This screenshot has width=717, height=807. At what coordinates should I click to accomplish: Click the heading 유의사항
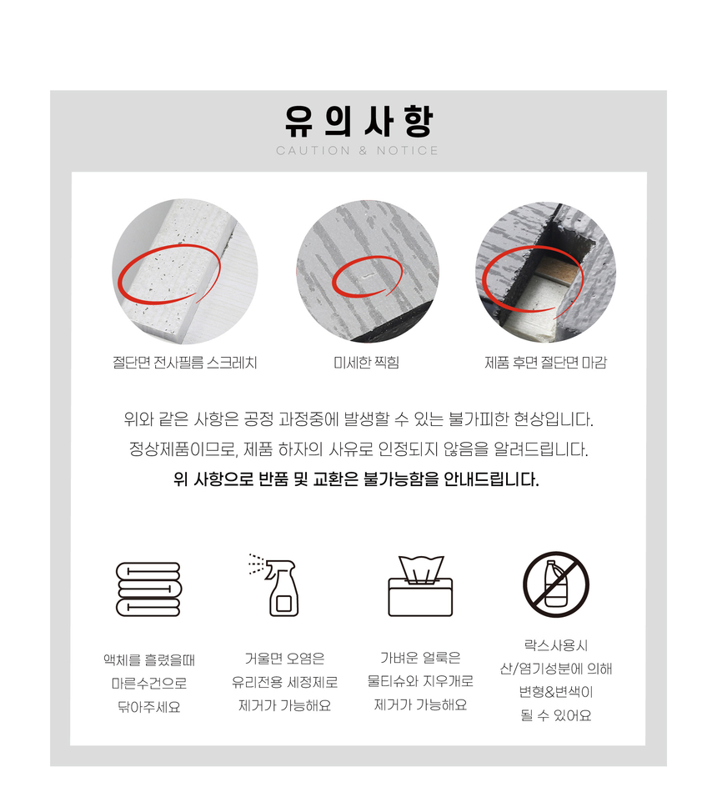(x=358, y=121)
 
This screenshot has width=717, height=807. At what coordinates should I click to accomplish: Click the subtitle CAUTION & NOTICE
(x=357, y=151)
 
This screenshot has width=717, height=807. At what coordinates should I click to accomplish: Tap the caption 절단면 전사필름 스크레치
(x=185, y=363)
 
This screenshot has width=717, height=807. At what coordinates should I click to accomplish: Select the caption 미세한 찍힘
(x=367, y=363)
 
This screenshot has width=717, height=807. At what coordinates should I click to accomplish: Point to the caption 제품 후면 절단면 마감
(x=545, y=363)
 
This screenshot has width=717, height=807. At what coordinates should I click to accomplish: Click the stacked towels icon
(x=148, y=589)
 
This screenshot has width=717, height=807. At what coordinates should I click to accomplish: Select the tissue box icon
(x=420, y=586)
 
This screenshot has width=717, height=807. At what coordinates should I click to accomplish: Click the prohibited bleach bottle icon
(x=556, y=584)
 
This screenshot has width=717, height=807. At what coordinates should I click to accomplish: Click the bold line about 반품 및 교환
(x=356, y=479)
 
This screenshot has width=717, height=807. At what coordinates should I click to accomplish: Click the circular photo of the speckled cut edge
(x=185, y=271)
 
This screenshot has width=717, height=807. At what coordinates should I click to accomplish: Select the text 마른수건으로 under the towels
(x=149, y=684)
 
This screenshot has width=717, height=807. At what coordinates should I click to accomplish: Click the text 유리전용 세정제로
(x=284, y=683)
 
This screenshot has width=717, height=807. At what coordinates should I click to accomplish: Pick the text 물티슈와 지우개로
(x=420, y=681)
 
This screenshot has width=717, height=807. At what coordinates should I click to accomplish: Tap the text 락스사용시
(x=556, y=645)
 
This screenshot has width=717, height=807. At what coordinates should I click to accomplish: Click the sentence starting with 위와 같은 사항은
(x=358, y=419)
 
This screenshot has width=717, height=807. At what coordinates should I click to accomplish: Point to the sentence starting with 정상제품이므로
(x=358, y=450)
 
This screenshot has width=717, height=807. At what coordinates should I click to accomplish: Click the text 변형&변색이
(x=556, y=692)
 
